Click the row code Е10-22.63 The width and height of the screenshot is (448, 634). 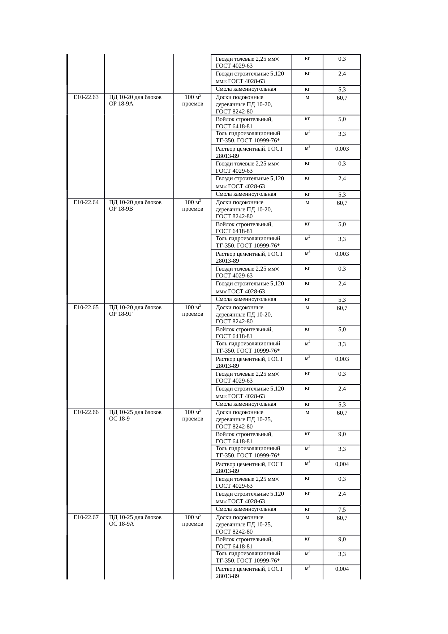(86, 97)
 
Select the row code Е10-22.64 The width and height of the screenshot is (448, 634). (86, 202)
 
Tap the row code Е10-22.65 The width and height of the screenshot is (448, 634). (86, 307)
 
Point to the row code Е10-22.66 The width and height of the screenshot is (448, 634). (86, 412)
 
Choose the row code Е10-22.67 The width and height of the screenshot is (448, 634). (86, 517)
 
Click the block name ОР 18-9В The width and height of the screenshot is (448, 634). (121, 209)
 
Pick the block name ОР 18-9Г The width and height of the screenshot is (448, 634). (121, 314)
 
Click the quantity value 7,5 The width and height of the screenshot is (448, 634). (342, 510)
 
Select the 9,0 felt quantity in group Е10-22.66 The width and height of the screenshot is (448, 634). (342, 434)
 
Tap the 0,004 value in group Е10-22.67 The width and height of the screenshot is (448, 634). (342, 569)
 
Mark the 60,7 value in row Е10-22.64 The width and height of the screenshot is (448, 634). (342, 203)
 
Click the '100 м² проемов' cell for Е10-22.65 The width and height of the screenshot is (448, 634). (193, 311)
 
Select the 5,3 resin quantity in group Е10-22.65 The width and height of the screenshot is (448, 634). (342, 405)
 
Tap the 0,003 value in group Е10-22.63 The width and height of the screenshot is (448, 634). (342, 149)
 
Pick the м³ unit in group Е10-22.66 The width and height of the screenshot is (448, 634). (307, 463)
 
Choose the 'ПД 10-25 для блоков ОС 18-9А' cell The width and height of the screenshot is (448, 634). (135, 521)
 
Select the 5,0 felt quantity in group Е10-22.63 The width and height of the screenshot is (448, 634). (342, 119)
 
